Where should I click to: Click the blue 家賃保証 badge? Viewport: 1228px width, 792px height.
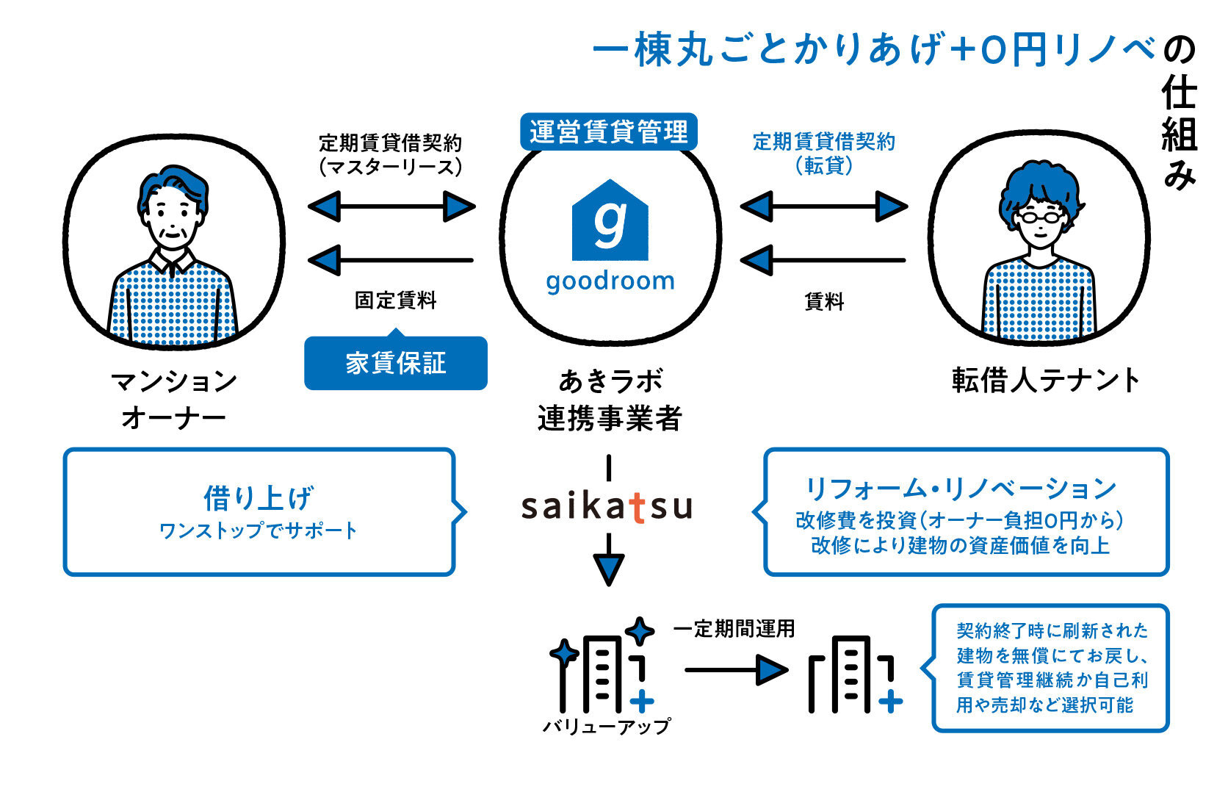tap(396, 363)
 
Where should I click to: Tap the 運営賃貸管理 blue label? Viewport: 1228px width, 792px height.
tap(608, 132)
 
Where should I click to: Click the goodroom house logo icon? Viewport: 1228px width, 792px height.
tap(610, 221)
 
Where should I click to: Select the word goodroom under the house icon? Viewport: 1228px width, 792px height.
tap(610, 281)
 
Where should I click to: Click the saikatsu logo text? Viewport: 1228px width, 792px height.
tap(607, 506)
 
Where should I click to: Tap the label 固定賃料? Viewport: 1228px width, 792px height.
tap(395, 300)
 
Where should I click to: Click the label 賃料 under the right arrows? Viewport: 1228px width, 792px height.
tap(824, 301)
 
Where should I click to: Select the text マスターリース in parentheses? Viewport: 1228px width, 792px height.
tap(391, 168)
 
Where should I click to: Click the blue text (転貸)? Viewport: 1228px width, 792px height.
tap(824, 166)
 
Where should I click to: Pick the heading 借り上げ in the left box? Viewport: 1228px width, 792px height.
tap(259, 498)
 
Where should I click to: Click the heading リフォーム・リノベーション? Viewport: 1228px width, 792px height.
tap(961, 489)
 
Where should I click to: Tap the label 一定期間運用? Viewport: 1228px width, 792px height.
tap(734, 629)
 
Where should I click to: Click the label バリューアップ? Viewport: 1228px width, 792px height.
tap(607, 727)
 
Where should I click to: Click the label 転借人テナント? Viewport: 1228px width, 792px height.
tap(1045, 381)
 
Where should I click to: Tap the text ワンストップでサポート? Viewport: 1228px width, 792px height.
tap(259, 530)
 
